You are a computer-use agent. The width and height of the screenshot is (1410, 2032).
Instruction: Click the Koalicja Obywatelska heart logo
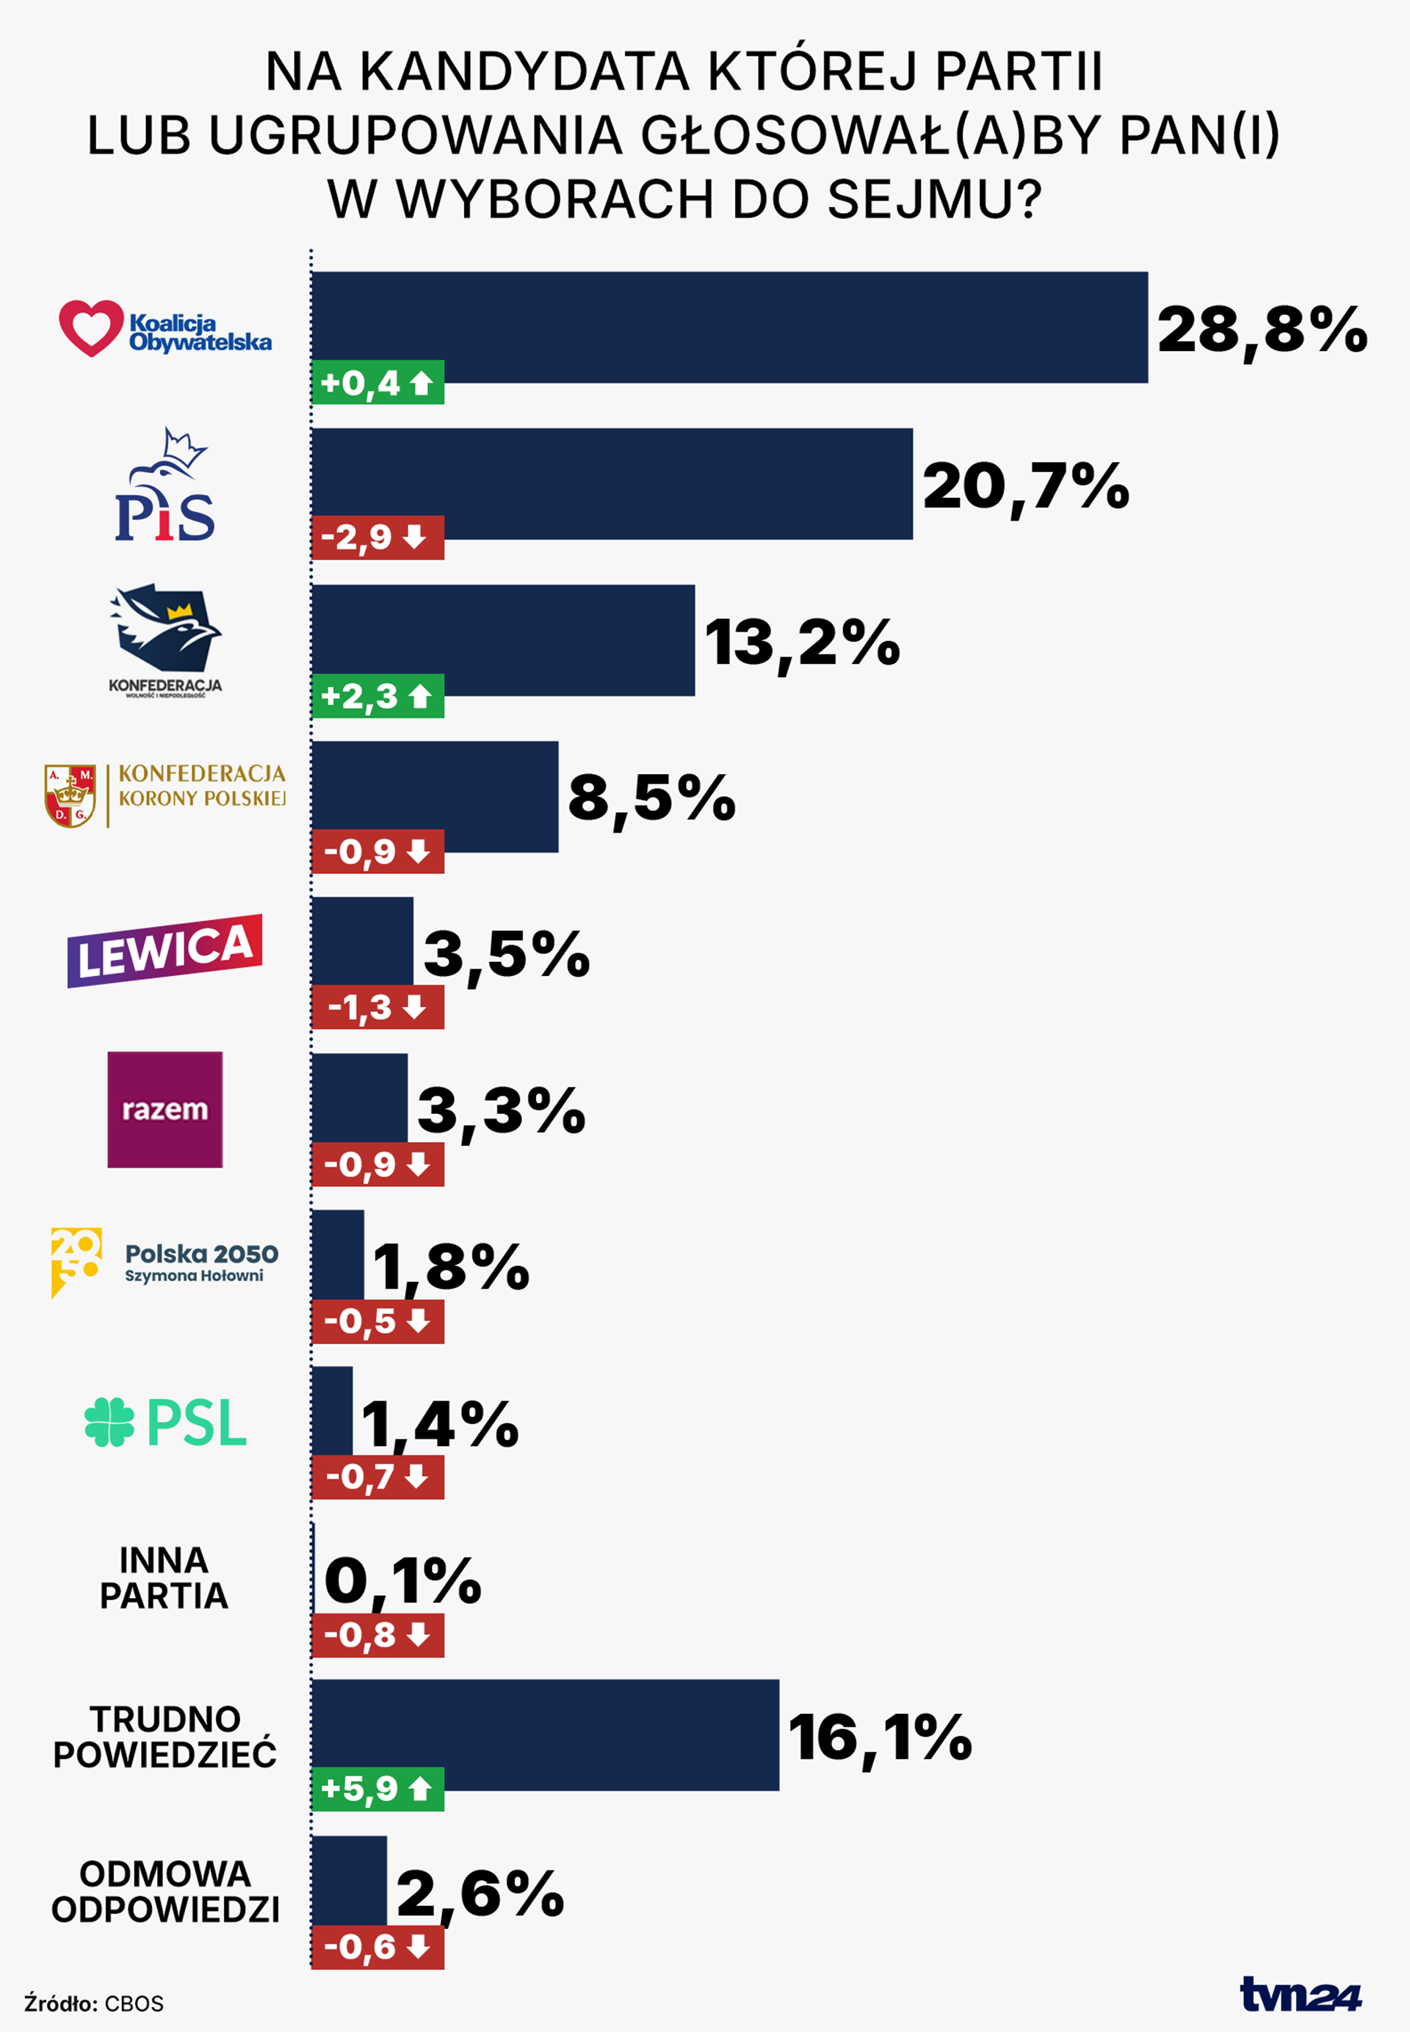coord(91,328)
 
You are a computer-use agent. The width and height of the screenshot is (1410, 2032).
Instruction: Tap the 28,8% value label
coord(1262,330)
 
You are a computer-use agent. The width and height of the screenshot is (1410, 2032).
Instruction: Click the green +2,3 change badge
coord(377,696)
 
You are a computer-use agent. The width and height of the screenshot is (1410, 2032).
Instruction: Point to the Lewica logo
coord(165,950)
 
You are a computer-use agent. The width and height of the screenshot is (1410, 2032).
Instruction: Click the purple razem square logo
coord(165,1109)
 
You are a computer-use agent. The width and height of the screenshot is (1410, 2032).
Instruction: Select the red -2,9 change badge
coord(377,537)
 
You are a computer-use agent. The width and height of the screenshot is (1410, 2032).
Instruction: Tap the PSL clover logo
coord(109,1422)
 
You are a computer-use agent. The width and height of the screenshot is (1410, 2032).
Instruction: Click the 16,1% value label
coord(880,1736)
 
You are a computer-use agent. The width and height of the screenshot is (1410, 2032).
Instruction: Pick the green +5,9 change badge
coord(377,1788)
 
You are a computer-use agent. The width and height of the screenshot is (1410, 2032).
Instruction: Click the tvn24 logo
coord(1301,1994)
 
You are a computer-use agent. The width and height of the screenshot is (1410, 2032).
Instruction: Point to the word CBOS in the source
coord(134,2003)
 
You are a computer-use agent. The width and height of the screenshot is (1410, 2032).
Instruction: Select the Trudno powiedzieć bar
coord(545,1735)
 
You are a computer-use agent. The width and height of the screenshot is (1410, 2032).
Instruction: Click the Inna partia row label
coord(164,1578)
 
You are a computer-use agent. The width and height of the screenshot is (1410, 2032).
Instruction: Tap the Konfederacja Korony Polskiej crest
coord(70,795)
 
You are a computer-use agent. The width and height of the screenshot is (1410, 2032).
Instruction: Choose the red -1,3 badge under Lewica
coord(377,1007)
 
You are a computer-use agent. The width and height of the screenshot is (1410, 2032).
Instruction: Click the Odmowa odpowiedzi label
coord(165,1891)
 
